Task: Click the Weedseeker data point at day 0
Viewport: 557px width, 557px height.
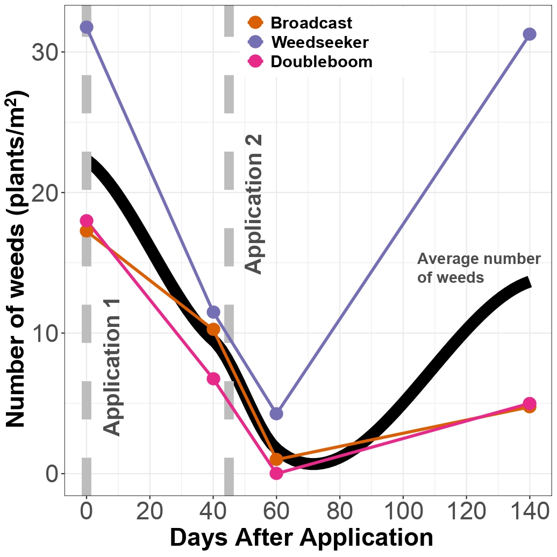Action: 87,27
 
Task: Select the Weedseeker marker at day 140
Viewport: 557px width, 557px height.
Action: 530,34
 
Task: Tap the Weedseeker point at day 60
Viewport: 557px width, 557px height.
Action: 276,413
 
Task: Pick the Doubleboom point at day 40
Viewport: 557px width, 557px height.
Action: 213,379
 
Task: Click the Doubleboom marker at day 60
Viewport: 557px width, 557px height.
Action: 276,473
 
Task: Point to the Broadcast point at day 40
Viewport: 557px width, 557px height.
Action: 213,330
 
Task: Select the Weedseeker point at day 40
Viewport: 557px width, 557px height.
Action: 213,312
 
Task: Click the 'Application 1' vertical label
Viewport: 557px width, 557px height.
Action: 112,366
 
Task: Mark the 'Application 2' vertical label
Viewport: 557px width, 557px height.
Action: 254,204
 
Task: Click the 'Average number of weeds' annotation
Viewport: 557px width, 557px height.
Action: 479,268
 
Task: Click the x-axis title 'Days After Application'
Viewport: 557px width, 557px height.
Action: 301,538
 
